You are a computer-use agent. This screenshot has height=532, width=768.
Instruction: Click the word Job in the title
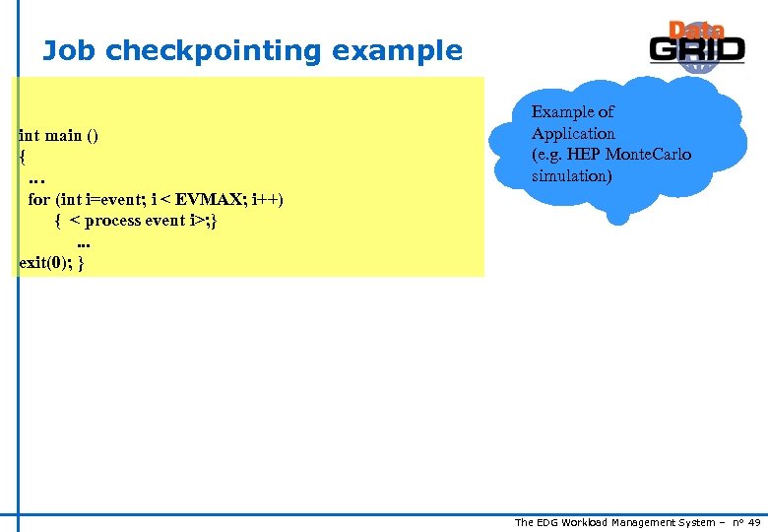click(x=67, y=51)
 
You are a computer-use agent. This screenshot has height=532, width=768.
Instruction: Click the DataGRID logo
click(x=696, y=46)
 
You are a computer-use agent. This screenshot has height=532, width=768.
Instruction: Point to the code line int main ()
click(x=58, y=136)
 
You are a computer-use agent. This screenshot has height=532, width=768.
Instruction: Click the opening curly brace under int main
click(x=23, y=157)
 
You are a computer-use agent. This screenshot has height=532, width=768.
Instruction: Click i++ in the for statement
click(x=266, y=200)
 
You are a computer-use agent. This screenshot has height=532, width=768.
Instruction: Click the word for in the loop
click(x=38, y=200)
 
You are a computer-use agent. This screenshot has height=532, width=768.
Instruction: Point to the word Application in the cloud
click(x=573, y=134)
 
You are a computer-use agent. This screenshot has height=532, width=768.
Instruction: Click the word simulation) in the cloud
click(x=571, y=176)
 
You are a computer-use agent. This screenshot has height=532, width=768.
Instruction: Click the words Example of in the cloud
click(x=572, y=112)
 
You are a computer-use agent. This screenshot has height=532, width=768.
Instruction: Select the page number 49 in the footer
click(x=754, y=522)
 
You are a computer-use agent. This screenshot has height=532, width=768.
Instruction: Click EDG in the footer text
click(x=549, y=522)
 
